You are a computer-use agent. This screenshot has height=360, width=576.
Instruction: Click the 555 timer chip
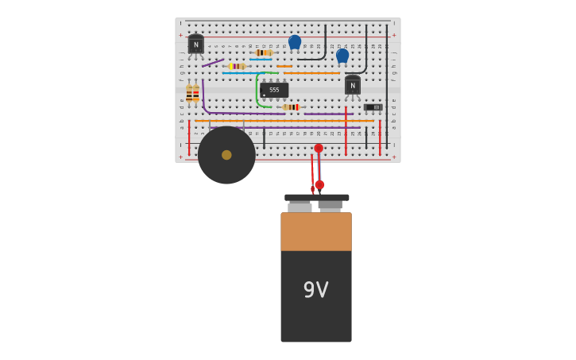pyautogui.click(x=274, y=90)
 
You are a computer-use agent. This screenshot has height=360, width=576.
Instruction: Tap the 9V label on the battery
pyautogui.click(x=315, y=290)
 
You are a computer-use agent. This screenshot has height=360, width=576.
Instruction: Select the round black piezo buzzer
pyautogui.click(x=226, y=155)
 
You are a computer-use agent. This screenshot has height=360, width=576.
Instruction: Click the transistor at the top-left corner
pyautogui.click(x=195, y=45)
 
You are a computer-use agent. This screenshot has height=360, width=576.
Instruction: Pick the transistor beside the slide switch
pyautogui.click(x=353, y=85)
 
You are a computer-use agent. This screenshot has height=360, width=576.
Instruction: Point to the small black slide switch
pyautogui.click(x=373, y=107)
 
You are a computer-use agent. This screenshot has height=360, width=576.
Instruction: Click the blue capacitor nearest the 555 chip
pyautogui.click(x=295, y=42)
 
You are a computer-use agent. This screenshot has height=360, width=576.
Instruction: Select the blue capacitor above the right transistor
pyautogui.click(x=342, y=56)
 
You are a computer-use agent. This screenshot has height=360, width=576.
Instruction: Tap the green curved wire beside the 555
pyautogui.click(x=257, y=89)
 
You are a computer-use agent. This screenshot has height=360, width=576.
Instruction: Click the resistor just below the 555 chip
pyautogui.click(x=292, y=107)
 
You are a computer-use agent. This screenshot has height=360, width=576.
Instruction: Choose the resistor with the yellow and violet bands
pyautogui.click(x=236, y=66)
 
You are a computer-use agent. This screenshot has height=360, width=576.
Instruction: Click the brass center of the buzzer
pyautogui.click(x=226, y=155)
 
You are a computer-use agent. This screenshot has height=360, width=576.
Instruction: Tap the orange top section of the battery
pyautogui.click(x=315, y=231)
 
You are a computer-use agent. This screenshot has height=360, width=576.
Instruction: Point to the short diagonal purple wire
pyautogui.click(x=212, y=62)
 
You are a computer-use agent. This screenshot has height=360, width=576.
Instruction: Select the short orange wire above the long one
pyautogui.click(x=284, y=66)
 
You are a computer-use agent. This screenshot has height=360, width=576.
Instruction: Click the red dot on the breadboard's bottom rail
pyautogui.click(x=319, y=149)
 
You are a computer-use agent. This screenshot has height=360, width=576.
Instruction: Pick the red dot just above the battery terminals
pyautogui.click(x=319, y=184)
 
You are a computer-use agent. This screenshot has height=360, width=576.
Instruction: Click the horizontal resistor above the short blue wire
pyautogui.click(x=263, y=52)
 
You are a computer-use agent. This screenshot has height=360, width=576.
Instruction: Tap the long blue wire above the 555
pyautogui.click(x=238, y=73)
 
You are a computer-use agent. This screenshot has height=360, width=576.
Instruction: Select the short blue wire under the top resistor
pyautogui.click(x=261, y=60)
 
